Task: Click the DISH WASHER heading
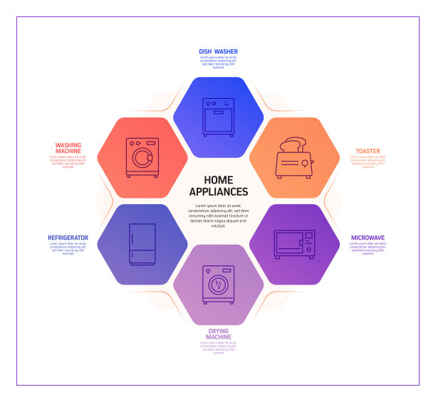[x=218, y=52]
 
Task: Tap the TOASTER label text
[x=368, y=151]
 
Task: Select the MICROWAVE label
[x=368, y=237]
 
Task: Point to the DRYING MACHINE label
[x=218, y=334]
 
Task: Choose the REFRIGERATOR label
[x=68, y=238]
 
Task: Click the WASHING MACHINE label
[x=68, y=148]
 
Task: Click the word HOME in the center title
[x=218, y=180]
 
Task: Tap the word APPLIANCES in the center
[x=218, y=191]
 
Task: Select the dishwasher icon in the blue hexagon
[x=218, y=117]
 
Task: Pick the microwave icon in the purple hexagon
[x=294, y=244]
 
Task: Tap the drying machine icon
[x=218, y=284]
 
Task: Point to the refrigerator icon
[x=142, y=245]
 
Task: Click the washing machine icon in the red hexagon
[x=142, y=157]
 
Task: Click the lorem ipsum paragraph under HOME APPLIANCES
[x=218, y=216]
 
